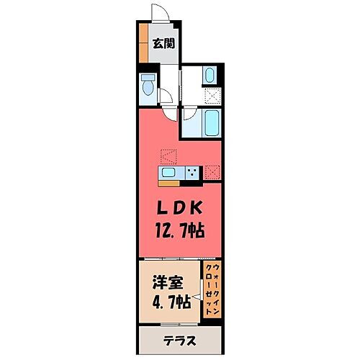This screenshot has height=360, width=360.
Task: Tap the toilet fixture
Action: [x=148, y=86]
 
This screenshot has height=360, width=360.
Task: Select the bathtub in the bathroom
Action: [x=211, y=123]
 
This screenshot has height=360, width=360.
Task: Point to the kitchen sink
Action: [x=168, y=173]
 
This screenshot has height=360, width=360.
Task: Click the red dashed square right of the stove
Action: [x=212, y=172]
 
